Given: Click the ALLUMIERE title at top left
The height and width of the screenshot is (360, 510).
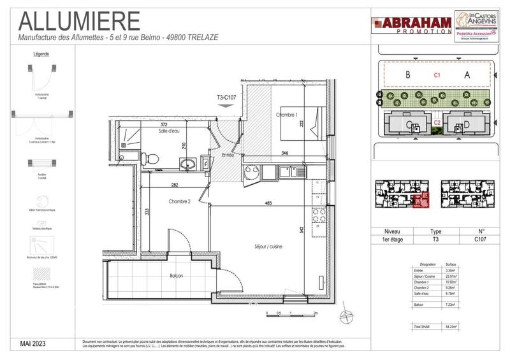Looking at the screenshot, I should (80, 20).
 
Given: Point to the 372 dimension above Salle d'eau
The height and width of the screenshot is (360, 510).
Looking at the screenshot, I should (164, 124).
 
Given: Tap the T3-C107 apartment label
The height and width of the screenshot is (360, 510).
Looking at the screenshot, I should (226, 97).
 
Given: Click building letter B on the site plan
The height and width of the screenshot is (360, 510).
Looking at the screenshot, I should (407, 75).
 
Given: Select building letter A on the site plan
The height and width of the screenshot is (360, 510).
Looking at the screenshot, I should (467, 75).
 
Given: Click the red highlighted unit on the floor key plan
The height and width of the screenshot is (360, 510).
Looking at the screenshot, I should (421, 202).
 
